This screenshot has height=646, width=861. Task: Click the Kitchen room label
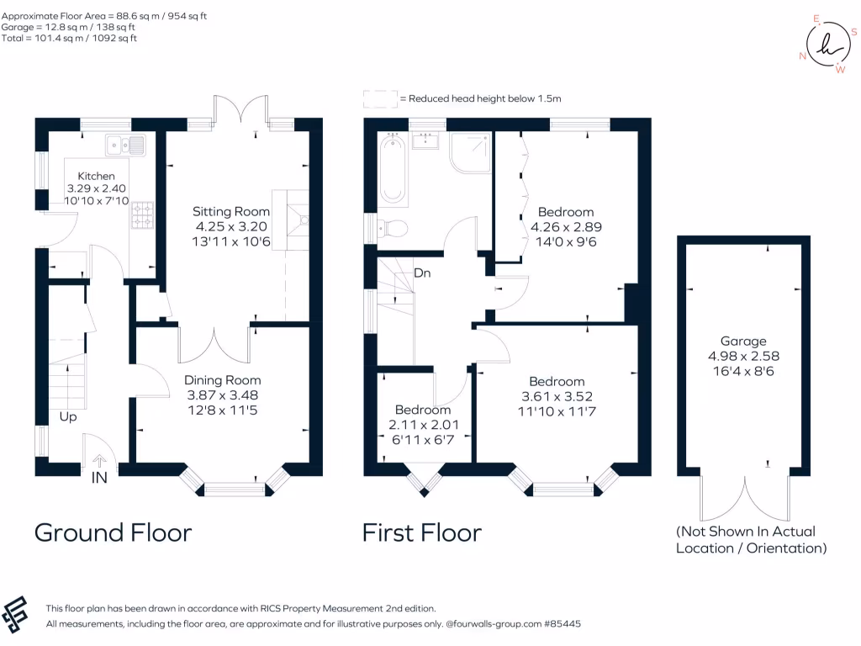tap(96, 177)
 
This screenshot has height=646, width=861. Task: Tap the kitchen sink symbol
tap(126, 145)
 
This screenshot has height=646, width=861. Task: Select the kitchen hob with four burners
tap(142, 214)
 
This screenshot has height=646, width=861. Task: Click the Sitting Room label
tap(231, 211)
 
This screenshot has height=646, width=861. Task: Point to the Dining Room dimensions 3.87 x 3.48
tap(222, 395)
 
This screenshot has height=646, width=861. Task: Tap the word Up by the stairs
tap(68, 417)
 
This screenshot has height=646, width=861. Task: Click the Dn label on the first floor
tap(422, 273)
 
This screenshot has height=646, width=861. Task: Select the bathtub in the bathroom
tap(393, 169)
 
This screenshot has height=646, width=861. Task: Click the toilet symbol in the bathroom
tap(391, 228)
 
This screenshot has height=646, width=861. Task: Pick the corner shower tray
tap(471, 153)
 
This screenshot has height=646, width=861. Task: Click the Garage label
tap(743, 342)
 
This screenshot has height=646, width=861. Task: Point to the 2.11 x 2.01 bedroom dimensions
tap(424, 425)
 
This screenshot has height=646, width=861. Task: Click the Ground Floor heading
tap(114, 532)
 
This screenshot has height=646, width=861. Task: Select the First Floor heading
tap(422, 532)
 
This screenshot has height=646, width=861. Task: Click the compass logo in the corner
tap(828, 45)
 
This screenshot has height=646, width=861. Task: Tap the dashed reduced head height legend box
tap(380, 99)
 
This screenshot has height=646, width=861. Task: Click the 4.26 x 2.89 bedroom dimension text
tap(566, 227)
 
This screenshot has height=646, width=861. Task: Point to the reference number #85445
tap(563, 624)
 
